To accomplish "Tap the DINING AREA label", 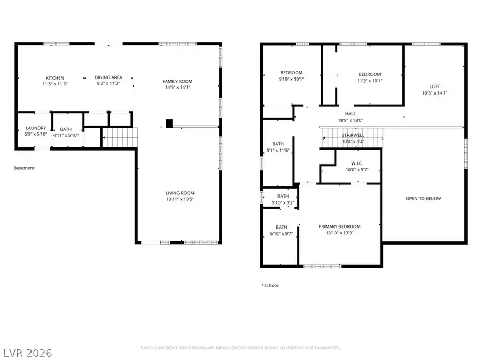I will (108, 77).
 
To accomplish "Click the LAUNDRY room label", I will (36, 128).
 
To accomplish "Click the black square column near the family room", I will (169, 123).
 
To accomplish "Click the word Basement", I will (24, 168).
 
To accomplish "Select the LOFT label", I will (435, 87).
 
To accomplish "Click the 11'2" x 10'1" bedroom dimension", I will (369, 81).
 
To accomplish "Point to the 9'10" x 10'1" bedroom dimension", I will (291, 79).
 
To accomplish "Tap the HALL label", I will (350, 114).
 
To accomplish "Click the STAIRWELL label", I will (353, 136).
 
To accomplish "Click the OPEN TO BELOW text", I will (423, 199).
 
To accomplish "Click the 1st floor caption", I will (269, 286).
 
